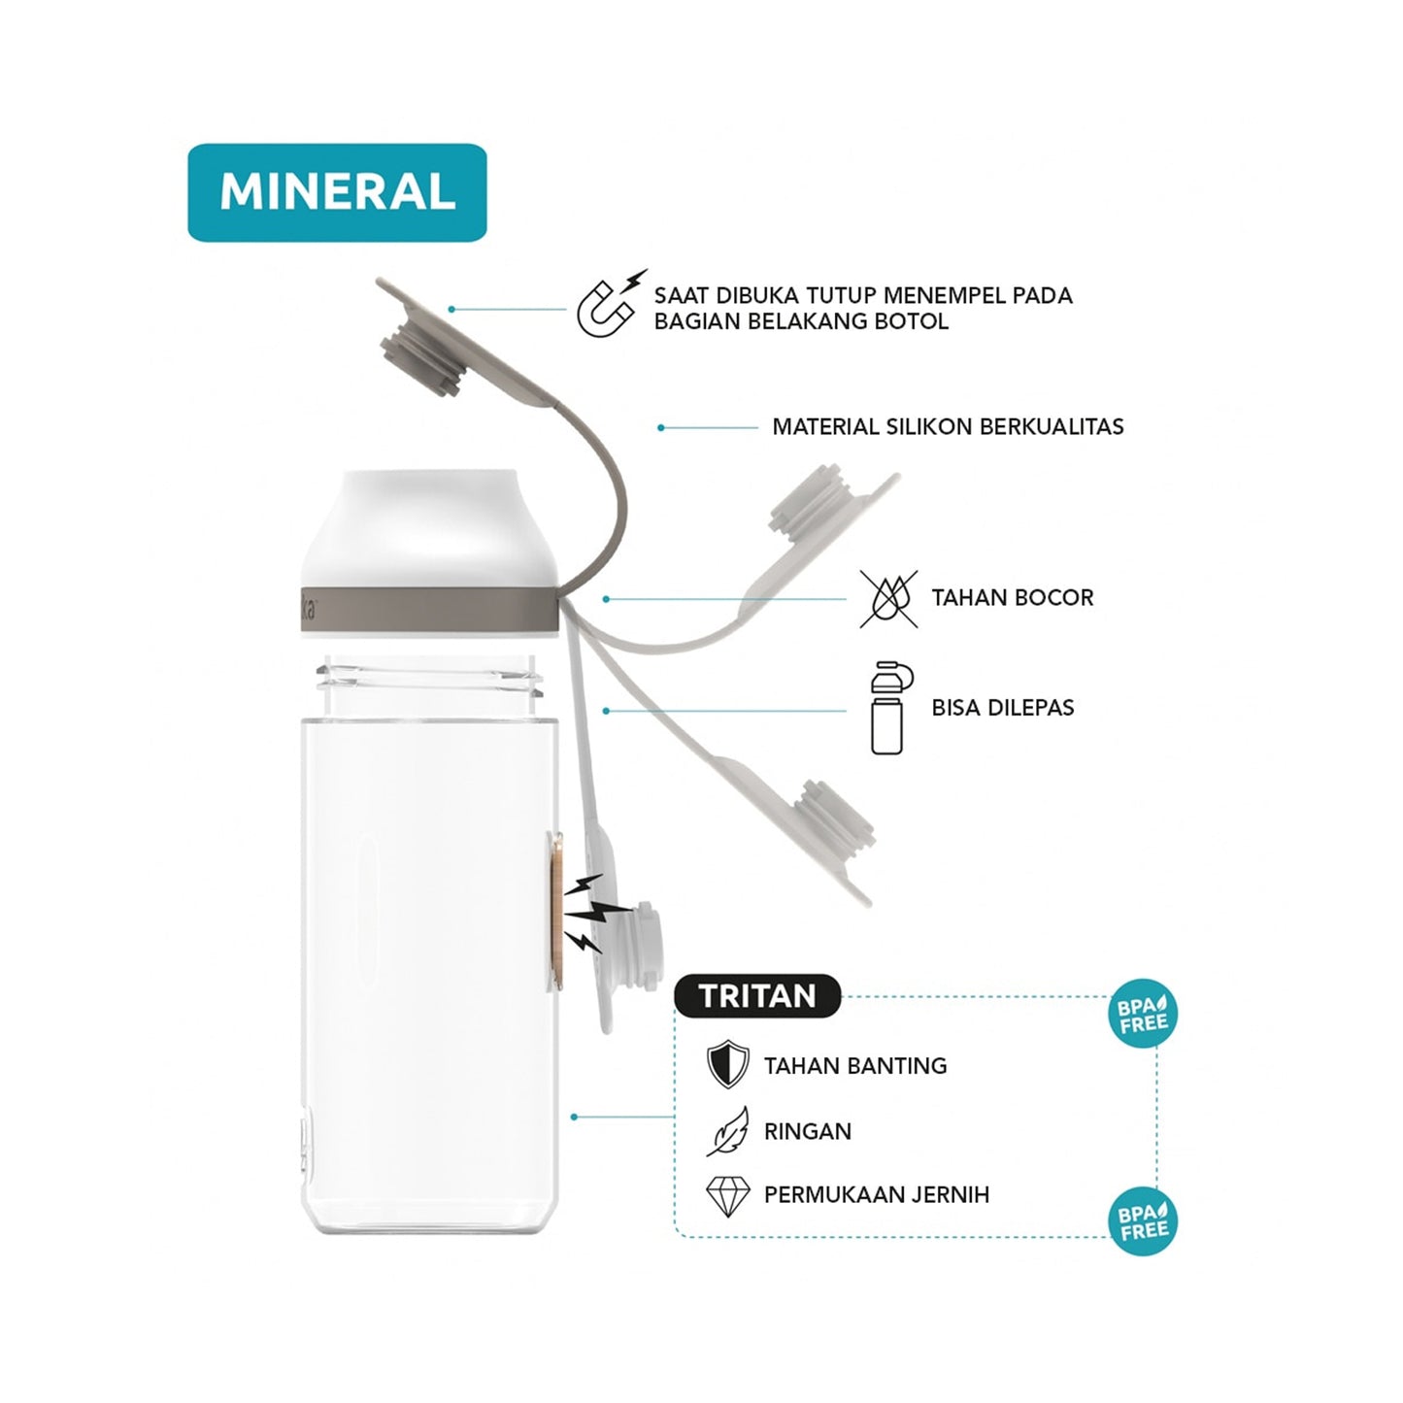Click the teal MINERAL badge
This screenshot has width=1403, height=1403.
[337, 192]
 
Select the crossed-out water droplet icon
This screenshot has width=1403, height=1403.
[888, 599]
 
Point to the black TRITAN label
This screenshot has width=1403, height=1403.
[757, 996]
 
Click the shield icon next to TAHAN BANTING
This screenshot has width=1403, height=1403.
[728, 1064]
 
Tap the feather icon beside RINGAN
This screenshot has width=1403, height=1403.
[728, 1131]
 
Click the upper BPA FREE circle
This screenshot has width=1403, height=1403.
[1143, 1014]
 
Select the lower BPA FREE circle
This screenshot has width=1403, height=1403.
[1143, 1221]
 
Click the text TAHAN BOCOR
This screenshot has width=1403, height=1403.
[1013, 598]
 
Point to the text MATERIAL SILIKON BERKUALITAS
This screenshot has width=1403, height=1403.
[948, 426]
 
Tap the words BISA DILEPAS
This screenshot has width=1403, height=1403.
[1003, 708]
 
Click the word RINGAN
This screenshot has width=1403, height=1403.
[808, 1131]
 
